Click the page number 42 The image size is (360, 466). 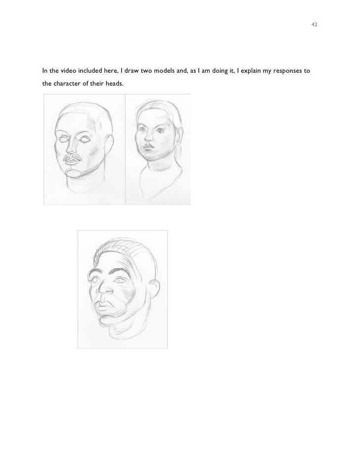pyautogui.click(x=315, y=24)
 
